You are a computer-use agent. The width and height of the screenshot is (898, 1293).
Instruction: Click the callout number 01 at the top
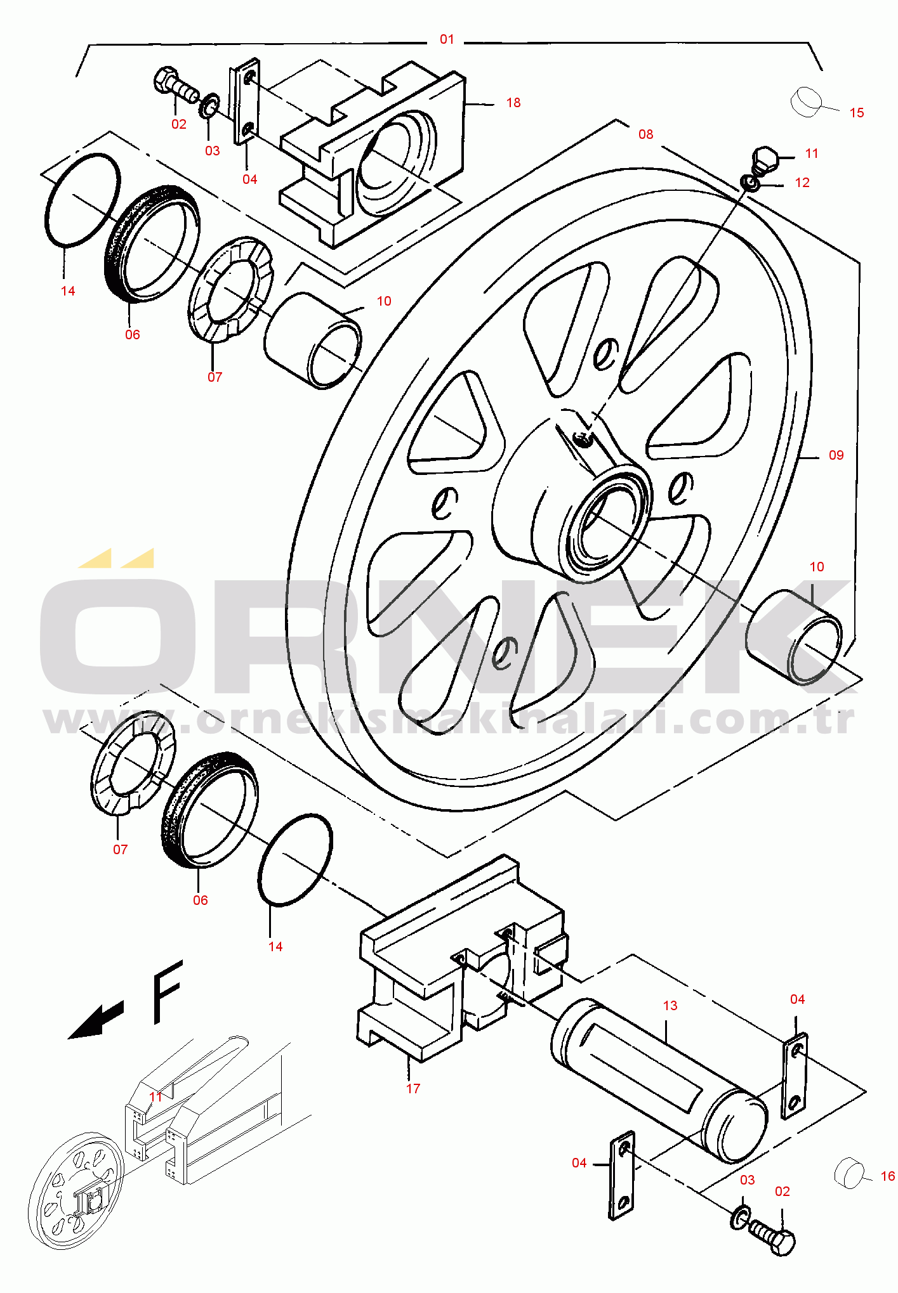(x=447, y=39)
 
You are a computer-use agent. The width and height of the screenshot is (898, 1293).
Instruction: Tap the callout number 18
(x=513, y=103)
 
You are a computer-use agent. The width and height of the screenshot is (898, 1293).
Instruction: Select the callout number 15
(x=857, y=113)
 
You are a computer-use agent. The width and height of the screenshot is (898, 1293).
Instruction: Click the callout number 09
(x=836, y=455)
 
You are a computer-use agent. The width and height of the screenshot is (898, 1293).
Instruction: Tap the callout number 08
(x=645, y=134)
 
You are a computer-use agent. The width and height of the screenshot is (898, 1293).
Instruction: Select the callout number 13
(x=670, y=1006)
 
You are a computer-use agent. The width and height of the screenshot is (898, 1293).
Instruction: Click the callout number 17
(x=413, y=1089)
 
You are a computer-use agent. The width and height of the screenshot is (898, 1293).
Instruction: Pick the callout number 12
(x=802, y=183)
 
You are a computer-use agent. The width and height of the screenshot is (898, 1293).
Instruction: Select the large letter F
(x=167, y=991)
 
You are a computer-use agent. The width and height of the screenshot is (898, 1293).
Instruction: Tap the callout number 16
(x=888, y=1176)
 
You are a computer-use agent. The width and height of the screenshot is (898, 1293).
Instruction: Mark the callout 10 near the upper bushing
(x=384, y=301)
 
